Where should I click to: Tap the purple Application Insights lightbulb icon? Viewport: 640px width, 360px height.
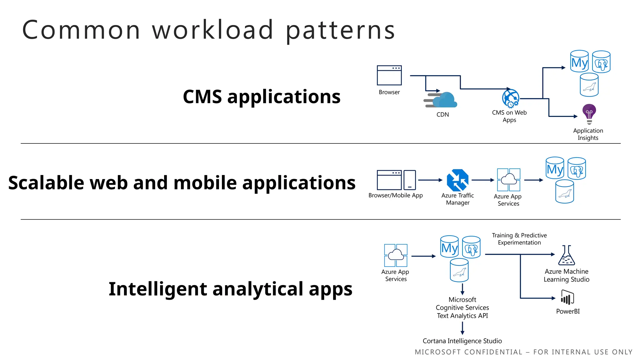(x=589, y=113)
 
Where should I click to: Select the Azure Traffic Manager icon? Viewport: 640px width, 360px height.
(x=457, y=180)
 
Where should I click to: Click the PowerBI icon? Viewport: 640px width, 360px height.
(x=567, y=297)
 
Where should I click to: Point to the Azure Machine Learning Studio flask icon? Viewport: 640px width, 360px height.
(x=566, y=255)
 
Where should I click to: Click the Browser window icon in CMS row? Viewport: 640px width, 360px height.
(x=389, y=75)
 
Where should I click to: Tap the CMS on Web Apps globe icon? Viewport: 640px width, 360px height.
(x=510, y=98)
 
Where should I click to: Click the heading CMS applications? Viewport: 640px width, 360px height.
(x=262, y=97)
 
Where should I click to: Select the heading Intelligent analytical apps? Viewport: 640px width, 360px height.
(x=230, y=289)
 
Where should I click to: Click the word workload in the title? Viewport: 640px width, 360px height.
(x=212, y=30)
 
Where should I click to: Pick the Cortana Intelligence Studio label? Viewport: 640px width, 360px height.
(x=462, y=341)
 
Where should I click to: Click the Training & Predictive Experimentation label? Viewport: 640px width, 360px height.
(x=519, y=239)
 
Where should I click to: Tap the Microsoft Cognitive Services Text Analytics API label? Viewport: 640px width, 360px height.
(x=462, y=308)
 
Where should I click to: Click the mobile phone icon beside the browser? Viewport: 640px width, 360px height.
(x=409, y=180)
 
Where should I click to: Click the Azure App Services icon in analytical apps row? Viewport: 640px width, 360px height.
(x=396, y=255)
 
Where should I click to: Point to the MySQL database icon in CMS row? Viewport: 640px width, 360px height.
(x=579, y=62)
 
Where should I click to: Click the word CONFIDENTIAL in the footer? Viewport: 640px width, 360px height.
(x=493, y=352)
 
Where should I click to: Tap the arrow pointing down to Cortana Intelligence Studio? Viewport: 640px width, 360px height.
(x=462, y=328)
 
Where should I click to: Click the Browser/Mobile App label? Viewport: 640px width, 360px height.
(x=395, y=196)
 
